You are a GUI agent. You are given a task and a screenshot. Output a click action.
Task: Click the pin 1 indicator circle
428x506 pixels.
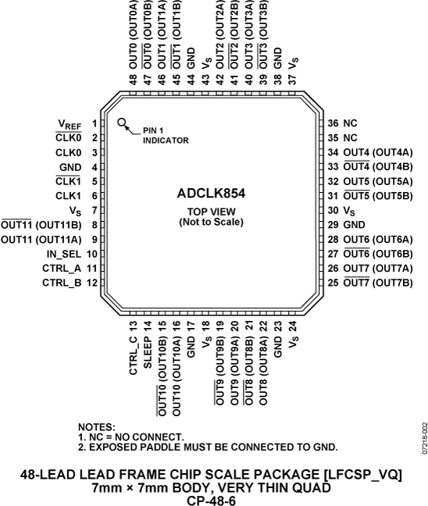[x=122, y=123]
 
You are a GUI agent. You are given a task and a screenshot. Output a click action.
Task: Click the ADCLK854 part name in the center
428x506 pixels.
[x=211, y=194]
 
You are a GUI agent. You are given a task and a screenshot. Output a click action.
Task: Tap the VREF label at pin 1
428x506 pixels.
[x=70, y=124]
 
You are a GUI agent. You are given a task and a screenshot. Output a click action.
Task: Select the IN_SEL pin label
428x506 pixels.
[x=63, y=255]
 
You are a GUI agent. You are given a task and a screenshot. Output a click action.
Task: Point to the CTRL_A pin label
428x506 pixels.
[x=62, y=269]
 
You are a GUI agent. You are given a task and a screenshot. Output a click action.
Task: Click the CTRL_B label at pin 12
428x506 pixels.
[x=62, y=283]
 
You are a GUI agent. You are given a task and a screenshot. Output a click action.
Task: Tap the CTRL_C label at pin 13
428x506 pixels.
[x=133, y=356]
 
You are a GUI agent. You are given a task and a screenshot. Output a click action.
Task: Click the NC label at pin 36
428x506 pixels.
[x=350, y=123]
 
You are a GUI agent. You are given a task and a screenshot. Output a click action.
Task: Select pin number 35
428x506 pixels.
[x=333, y=137]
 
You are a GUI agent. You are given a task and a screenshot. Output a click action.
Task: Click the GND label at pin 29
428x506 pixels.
[x=354, y=225]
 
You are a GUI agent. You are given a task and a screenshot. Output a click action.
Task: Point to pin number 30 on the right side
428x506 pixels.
[x=333, y=210]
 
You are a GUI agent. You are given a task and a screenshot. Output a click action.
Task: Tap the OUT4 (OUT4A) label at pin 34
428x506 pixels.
[x=378, y=152]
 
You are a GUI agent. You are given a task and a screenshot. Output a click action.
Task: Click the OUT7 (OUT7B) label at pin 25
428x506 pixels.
[x=378, y=283]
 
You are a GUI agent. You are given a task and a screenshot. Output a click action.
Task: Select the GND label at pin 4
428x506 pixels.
[x=70, y=167]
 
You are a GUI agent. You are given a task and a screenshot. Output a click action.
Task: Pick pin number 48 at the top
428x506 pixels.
[x=133, y=80]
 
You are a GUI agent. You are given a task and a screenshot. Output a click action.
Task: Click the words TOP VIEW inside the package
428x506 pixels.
[x=212, y=212]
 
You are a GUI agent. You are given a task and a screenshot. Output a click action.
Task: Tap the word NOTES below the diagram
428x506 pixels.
[x=97, y=427]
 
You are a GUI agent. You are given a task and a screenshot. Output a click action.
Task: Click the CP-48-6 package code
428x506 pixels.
[x=212, y=501]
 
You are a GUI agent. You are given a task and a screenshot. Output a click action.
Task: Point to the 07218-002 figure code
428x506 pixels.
[x=425, y=438]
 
